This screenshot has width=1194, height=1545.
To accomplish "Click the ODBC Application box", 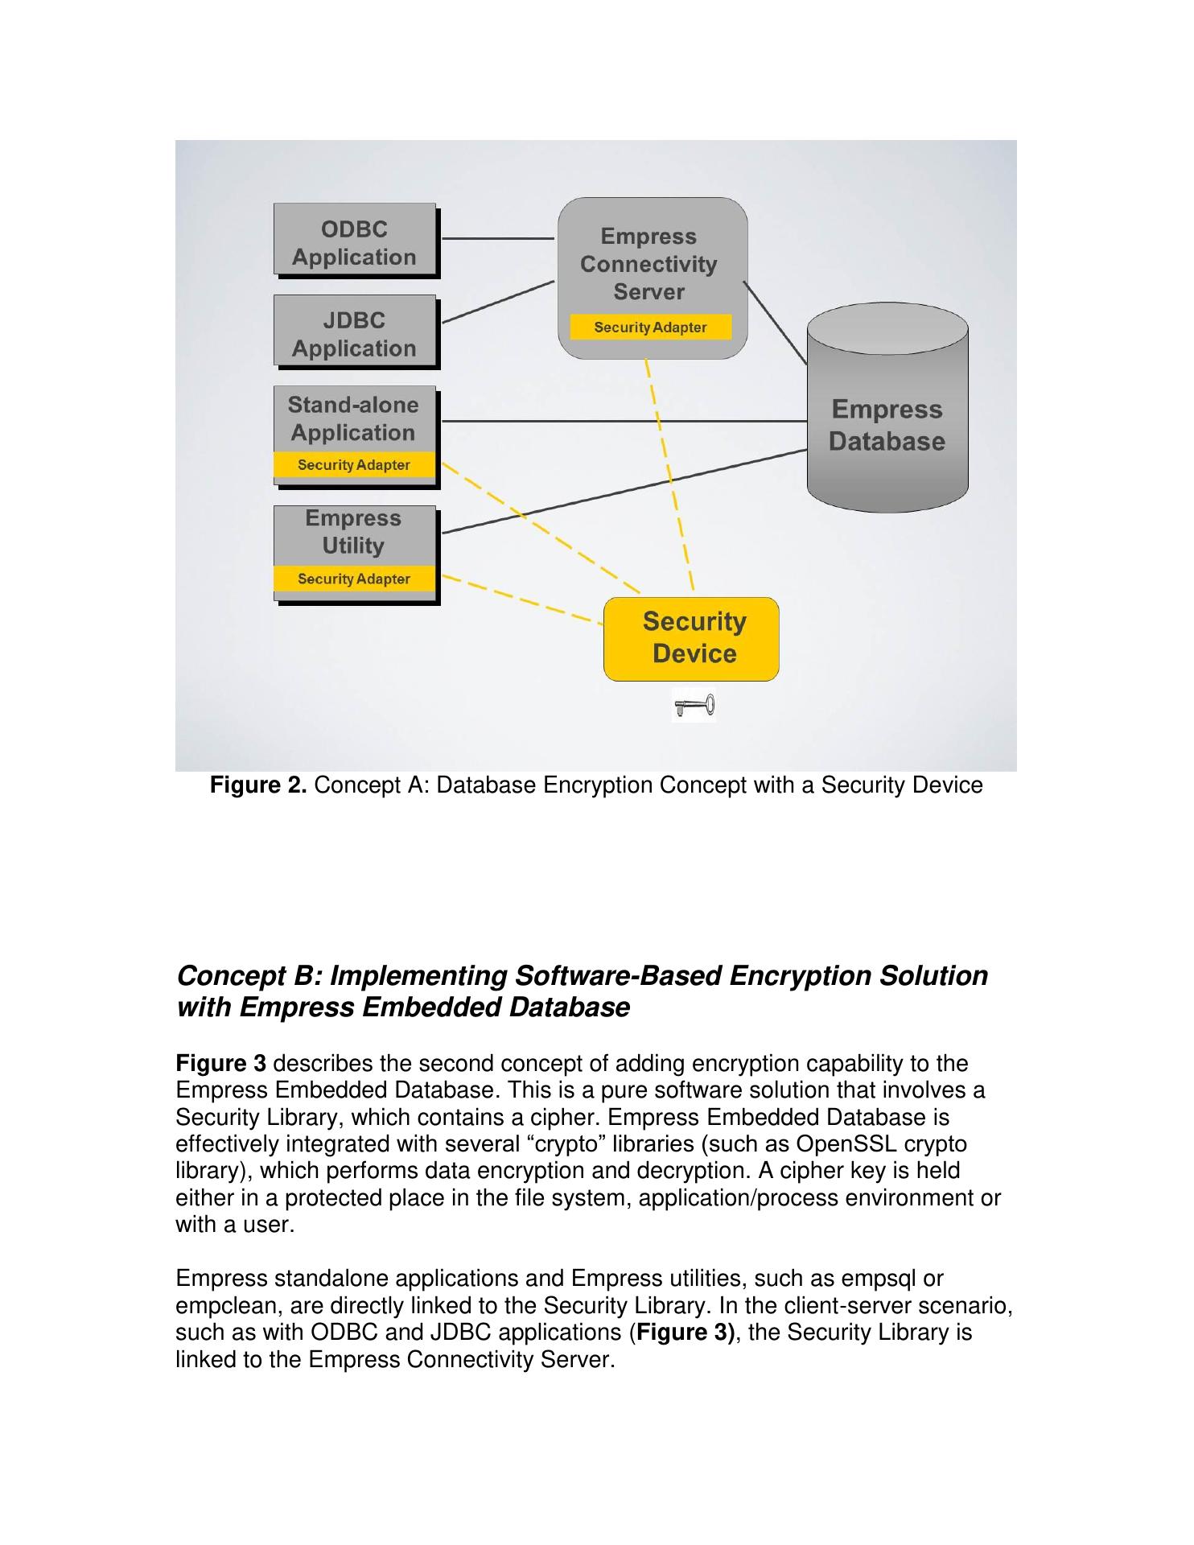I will [354, 241].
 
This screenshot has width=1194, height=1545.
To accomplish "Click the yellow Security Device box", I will [691, 638].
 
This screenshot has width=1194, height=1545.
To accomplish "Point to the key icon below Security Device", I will [694, 707].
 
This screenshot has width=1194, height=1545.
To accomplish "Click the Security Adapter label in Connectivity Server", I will [650, 328].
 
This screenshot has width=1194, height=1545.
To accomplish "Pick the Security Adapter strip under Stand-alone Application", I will [354, 465].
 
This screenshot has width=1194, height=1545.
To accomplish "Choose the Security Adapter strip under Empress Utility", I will [354, 579].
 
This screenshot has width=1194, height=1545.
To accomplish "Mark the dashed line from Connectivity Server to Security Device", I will [669, 475].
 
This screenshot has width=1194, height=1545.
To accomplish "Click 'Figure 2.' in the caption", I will [258, 785].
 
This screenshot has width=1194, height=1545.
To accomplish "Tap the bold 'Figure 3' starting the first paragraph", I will [220, 1064].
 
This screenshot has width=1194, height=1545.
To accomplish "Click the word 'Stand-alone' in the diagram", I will [353, 405].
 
